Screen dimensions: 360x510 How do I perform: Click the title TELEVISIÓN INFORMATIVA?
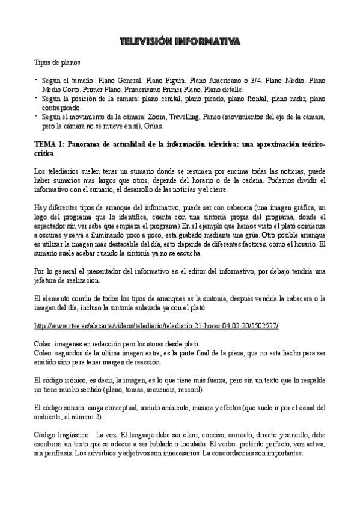180,41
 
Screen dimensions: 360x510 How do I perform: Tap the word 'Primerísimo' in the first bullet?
130,88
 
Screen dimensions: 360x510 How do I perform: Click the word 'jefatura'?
50,280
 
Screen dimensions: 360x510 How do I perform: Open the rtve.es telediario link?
157,325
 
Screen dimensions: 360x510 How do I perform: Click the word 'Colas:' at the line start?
45,343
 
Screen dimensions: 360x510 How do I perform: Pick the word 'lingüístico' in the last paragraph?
73,434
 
